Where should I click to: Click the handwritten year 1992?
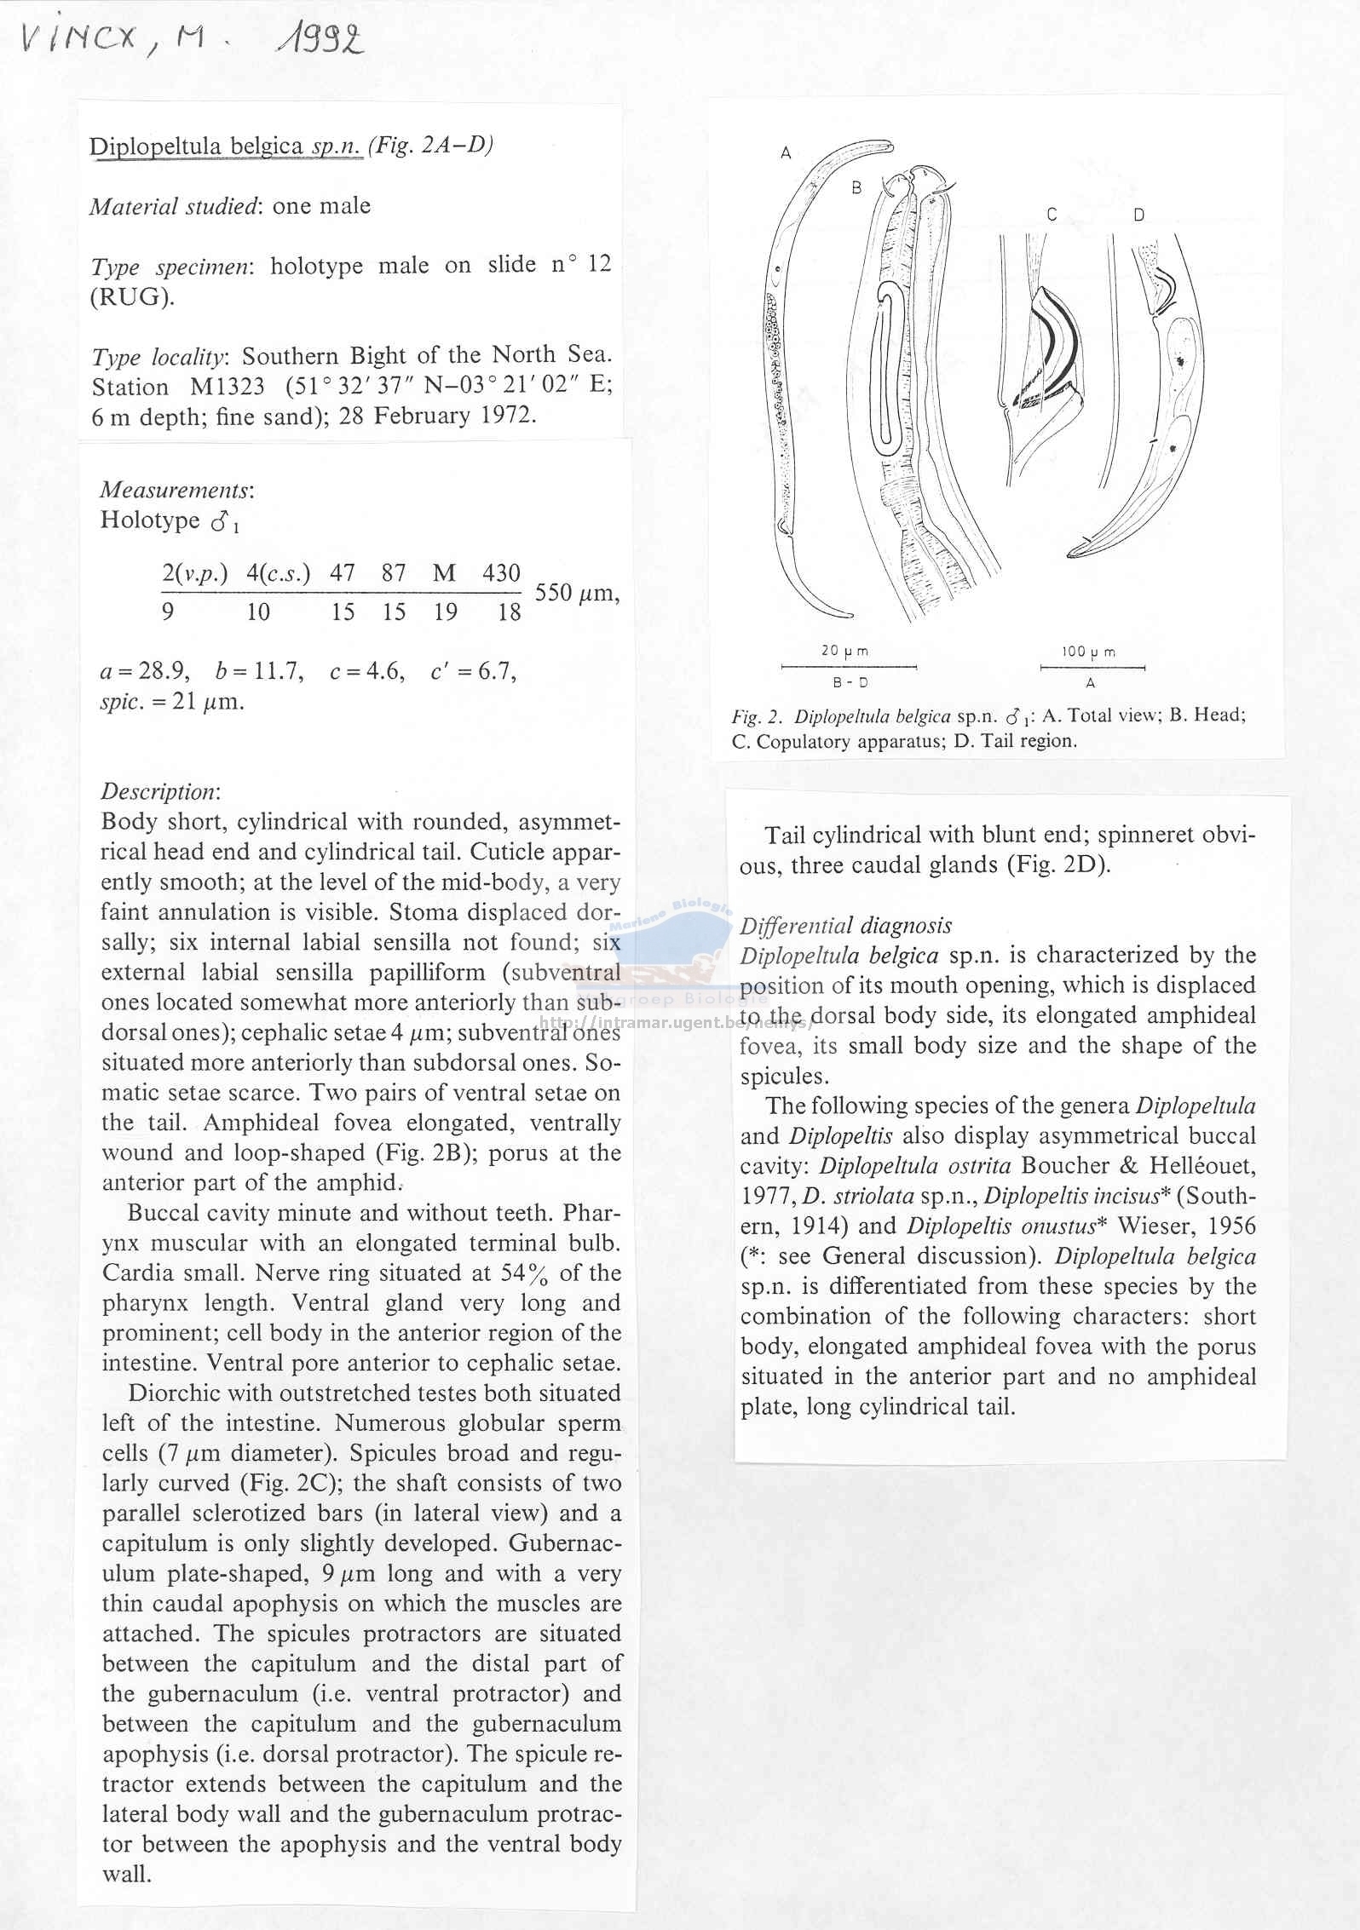pos(318,37)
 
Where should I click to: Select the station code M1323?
pos(227,386)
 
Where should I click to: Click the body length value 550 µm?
pos(576,593)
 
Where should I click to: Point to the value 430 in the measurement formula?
pos(501,573)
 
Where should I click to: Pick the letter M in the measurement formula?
pos(444,573)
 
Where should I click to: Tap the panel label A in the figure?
pos(786,153)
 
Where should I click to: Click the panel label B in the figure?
pos(857,187)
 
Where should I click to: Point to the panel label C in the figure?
pos(1052,215)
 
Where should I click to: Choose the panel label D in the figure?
pos(1139,215)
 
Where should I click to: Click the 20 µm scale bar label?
pos(844,651)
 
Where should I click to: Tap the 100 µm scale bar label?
pos(1089,652)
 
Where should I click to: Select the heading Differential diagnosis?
pos(845,925)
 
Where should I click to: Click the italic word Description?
pos(159,791)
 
